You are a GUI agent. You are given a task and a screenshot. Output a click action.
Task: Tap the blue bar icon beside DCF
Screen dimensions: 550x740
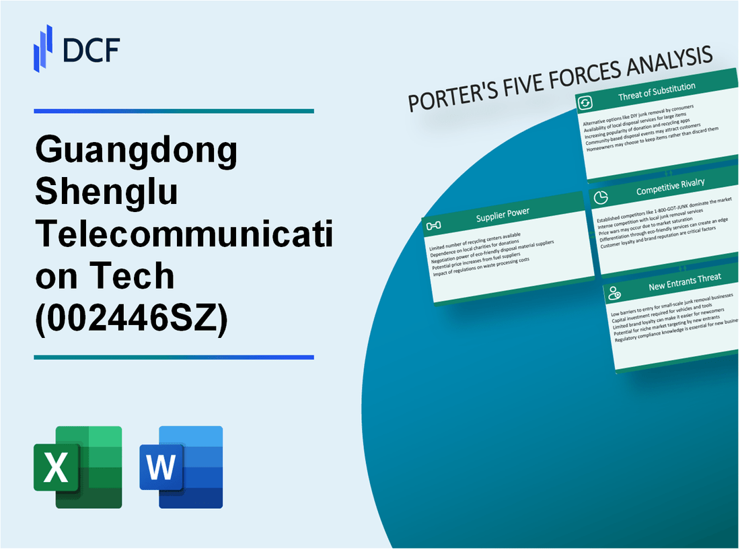tap(43, 48)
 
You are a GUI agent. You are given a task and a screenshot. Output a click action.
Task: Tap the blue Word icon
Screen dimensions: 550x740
tap(181, 467)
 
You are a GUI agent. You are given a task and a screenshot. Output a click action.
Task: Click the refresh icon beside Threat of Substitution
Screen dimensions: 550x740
tap(585, 103)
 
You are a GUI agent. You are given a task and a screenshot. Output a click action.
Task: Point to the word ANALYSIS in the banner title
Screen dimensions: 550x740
tap(663, 65)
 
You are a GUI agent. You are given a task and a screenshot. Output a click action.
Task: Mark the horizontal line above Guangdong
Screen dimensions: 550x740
tap(174, 111)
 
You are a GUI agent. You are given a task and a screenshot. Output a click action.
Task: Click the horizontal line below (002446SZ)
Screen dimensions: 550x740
tap(174, 357)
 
